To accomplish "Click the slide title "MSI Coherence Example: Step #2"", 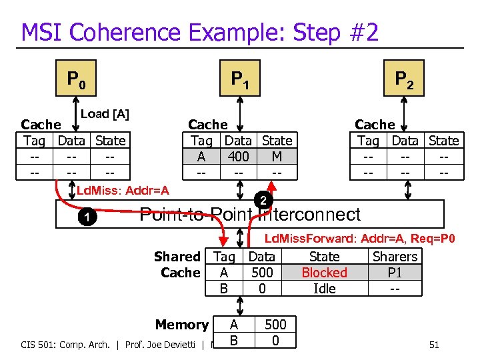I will tap(200, 31).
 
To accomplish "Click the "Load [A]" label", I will tap(105, 114).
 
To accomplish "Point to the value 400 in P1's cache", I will tap(238, 157).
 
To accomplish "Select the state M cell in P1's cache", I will tap(277, 157).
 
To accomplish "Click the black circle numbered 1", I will tap(84, 218).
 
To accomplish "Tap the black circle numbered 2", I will tap(263, 201).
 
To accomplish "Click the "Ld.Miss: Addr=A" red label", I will tap(123, 191).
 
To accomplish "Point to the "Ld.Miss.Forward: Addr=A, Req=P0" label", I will tap(360, 239).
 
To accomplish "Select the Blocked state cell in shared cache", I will tap(324, 273).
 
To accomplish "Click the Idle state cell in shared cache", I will tap(324, 289).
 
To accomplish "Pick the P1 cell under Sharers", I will tap(395, 273).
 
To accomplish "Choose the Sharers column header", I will tap(395, 257).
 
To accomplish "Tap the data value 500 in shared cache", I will tap(262, 273).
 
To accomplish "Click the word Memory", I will tap(182, 325).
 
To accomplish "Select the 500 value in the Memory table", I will tap(275, 325).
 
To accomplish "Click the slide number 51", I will tap(433, 345).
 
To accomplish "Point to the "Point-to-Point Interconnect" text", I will tap(250, 215).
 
